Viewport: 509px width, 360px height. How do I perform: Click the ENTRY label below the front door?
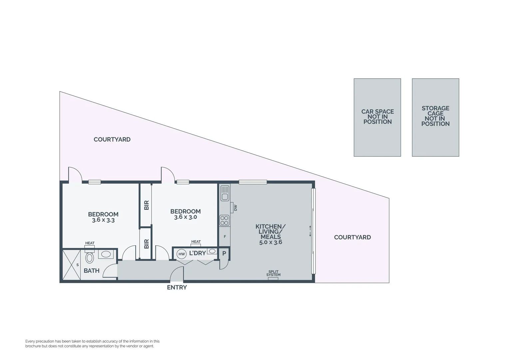[x=177, y=287]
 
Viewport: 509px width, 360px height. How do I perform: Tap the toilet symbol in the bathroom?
[x=89, y=257]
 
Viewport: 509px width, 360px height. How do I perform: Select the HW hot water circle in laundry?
[x=182, y=254]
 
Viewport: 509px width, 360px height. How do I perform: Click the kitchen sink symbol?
[x=225, y=193]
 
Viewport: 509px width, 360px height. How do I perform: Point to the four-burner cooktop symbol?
[x=225, y=220]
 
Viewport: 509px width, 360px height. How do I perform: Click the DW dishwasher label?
[x=235, y=208]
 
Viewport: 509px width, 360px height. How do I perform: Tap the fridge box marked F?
[x=225, y=237]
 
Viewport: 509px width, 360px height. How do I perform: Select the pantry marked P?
[x=224, y=254]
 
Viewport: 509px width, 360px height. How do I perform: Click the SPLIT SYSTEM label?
[x=273, y=273]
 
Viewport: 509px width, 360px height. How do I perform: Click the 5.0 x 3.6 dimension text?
[x=270, y=242]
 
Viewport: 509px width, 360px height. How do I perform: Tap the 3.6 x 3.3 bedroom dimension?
[x=103, y=220]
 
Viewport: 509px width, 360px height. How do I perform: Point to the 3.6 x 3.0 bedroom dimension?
[x=186, y=217]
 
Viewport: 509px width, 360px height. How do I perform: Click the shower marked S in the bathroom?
[x=72, y=265]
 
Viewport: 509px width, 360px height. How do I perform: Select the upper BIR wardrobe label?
[x=146, y=205]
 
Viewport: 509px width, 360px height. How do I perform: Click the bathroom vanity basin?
[x=106, y=254]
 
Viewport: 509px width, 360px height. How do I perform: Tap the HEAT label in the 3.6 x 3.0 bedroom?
[x=196, y=242]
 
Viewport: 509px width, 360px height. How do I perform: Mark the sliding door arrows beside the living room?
[x=310, y=231]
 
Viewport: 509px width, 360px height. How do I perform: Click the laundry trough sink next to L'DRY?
[x=212, y=251]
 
